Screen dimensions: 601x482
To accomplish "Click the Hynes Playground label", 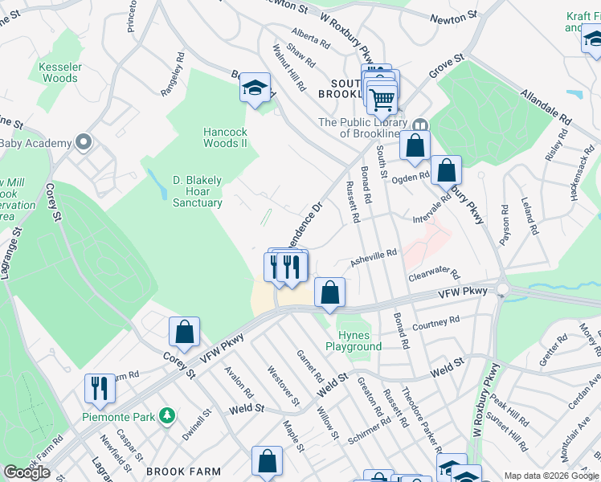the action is tap(354, 341).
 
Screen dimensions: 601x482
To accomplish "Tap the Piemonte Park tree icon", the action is tap(167, 416).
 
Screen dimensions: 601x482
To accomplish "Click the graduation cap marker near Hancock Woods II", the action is tap(255, 88).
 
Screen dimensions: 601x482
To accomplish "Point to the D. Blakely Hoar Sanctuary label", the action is tap(198, 191).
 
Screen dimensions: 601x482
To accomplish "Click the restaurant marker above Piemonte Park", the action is tap(100, 388).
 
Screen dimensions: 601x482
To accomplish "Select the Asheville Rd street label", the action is tap(373, 256).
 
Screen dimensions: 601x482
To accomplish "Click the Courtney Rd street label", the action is tap(435, 324).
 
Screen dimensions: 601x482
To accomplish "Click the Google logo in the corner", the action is tap(27, 472).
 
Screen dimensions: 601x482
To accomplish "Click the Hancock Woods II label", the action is tap(224, 137).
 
